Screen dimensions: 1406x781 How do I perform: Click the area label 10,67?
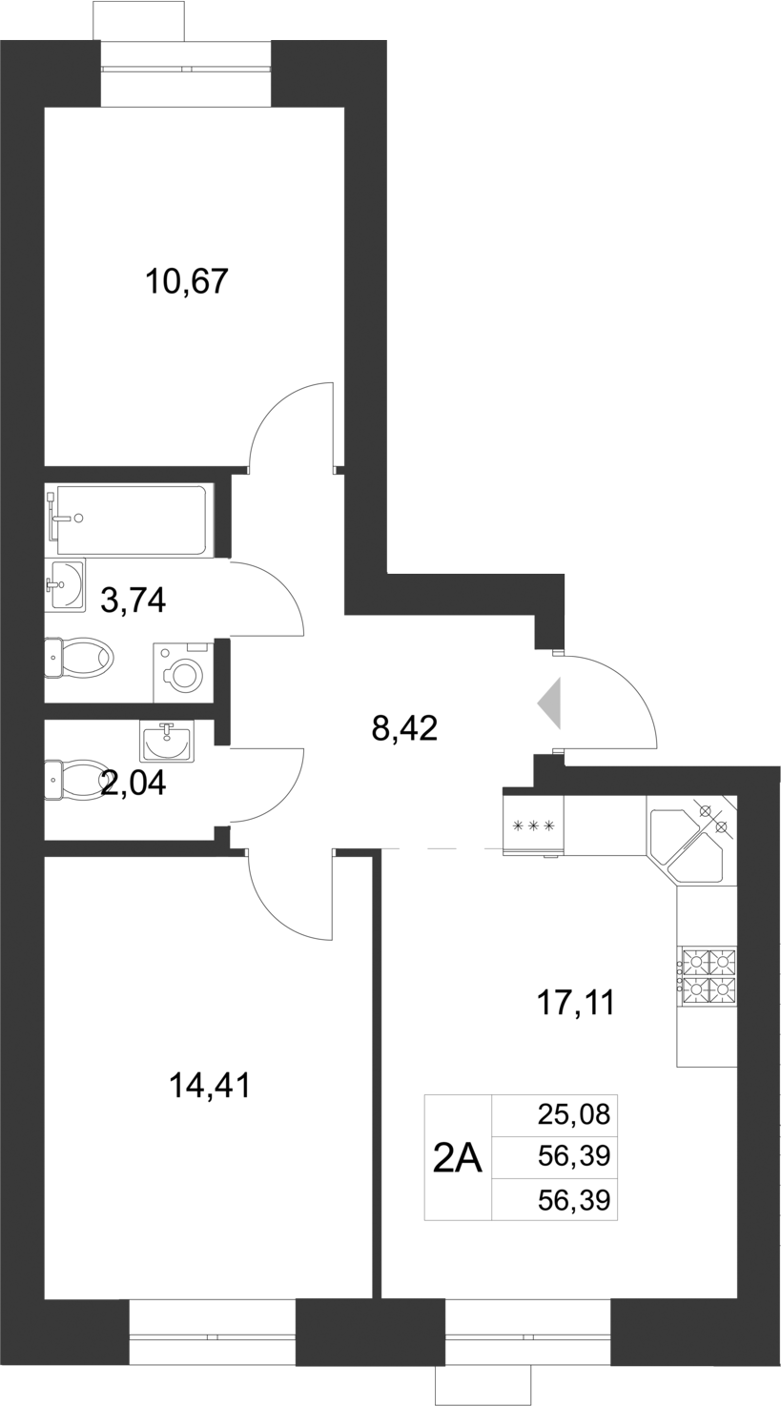coord(187,282)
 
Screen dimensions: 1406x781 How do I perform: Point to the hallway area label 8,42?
coord(403,729)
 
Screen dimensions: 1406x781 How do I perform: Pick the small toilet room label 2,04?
coord(134,783)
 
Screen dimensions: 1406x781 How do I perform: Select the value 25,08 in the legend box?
coord(573,1114)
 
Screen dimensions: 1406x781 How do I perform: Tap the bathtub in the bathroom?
coord(131,520)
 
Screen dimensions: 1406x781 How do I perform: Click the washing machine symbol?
coord(183,671)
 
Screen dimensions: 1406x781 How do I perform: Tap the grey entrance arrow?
coord(551,704)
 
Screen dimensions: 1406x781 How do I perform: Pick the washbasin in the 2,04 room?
coord(167,741)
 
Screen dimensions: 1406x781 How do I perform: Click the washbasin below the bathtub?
coord(66,582)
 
